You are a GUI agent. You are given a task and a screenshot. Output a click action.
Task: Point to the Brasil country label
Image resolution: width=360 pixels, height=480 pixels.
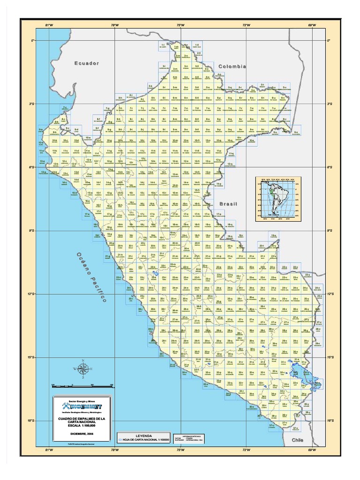[228, 204]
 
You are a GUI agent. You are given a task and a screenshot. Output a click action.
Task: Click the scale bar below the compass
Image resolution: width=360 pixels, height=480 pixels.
[82, 385]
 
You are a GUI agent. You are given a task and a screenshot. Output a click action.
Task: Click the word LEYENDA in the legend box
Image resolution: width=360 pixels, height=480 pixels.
[144, 435]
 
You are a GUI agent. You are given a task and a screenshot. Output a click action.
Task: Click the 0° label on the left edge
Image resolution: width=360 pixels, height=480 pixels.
[33, 41]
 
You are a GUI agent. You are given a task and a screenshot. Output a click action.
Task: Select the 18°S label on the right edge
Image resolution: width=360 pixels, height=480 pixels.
[330, 421]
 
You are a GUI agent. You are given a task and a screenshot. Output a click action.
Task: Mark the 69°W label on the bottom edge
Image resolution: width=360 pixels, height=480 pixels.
[312, 450]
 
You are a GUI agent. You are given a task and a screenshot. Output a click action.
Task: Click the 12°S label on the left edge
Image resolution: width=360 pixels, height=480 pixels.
[32, 294]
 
